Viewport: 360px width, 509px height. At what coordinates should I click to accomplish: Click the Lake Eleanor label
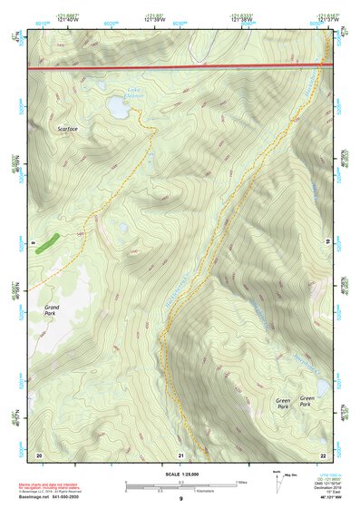(134, 92)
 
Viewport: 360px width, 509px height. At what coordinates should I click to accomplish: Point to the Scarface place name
(67, 129)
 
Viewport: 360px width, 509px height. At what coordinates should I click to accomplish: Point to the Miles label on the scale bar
(241, 482)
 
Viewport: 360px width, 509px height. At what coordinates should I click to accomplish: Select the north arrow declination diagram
(277, 483)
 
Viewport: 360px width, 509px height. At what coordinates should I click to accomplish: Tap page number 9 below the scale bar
(180, 500)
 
